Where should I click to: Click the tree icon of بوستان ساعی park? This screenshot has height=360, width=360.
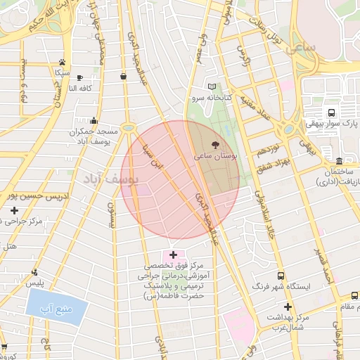[224, 143]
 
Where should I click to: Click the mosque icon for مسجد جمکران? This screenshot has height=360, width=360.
[94, 120]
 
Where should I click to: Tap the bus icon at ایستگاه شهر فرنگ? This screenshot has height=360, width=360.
[281, 277]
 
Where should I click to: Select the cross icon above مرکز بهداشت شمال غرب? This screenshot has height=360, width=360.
[287, 307]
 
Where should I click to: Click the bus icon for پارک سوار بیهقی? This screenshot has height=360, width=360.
[331, 112]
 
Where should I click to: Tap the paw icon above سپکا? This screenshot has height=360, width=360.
[63, 63]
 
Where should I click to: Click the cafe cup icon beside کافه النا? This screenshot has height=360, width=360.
[79, 77]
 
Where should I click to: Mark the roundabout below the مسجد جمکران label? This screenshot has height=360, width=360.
[128, 128]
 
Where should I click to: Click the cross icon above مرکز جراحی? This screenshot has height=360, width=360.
[14, 210]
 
